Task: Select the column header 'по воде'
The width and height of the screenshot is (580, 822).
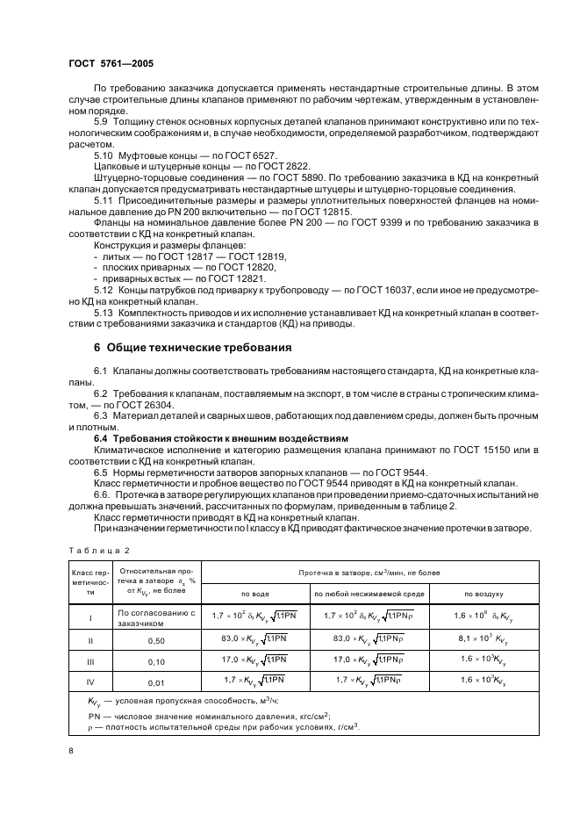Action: [x=255, y=594]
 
